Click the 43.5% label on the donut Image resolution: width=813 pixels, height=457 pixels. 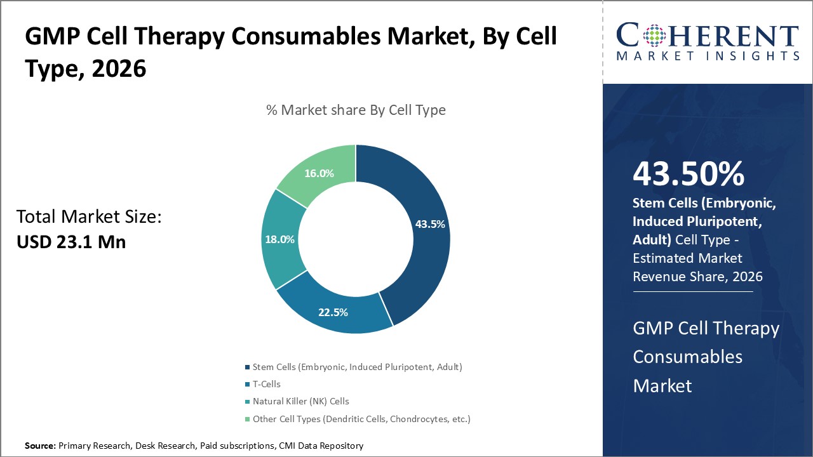click(429, 224)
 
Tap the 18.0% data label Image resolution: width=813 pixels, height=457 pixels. click(279, 239)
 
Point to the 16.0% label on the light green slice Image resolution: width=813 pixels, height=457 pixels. click(319, 173)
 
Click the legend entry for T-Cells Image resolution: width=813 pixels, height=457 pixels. click(266, 384)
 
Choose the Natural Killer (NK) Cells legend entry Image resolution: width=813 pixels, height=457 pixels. click(300, 401)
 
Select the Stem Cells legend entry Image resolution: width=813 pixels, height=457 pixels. click(357, 367)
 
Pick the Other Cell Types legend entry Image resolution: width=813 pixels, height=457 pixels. click(361, 419)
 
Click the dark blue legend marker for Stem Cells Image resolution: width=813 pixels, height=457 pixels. click(247, 368)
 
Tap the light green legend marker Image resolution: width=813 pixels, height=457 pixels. click(247, 420)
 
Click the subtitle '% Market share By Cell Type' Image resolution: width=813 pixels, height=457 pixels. click(356, 110)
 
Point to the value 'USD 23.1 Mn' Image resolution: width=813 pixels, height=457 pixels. click(71, 242)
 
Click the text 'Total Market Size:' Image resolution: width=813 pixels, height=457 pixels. click(89, 217)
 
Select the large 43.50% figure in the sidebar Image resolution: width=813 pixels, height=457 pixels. click(689, 174)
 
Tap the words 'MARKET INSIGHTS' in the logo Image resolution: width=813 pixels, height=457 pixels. click(707, 56)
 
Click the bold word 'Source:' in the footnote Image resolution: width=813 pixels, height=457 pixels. click(40, 446)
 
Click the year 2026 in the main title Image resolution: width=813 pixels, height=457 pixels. click(119, 69)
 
